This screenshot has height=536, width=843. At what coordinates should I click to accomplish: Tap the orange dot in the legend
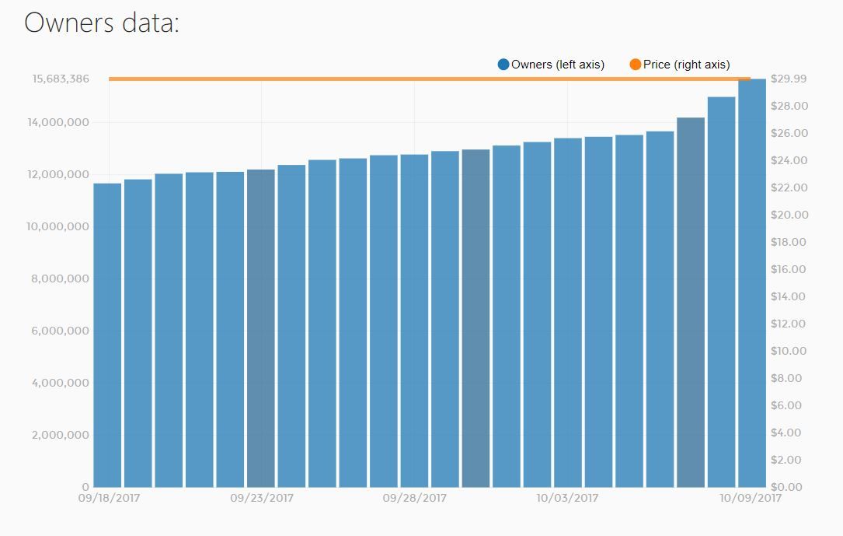636,65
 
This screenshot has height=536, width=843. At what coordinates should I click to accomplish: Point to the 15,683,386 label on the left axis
61,79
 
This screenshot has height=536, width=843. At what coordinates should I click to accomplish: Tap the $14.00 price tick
788,296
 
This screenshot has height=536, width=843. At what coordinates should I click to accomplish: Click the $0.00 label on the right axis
788,487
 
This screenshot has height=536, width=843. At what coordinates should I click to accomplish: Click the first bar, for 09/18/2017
107,335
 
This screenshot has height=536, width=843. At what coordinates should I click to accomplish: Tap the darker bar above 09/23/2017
261,327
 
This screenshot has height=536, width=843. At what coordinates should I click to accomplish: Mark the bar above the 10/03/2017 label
568,311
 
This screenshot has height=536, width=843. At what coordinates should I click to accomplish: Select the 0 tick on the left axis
85,487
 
